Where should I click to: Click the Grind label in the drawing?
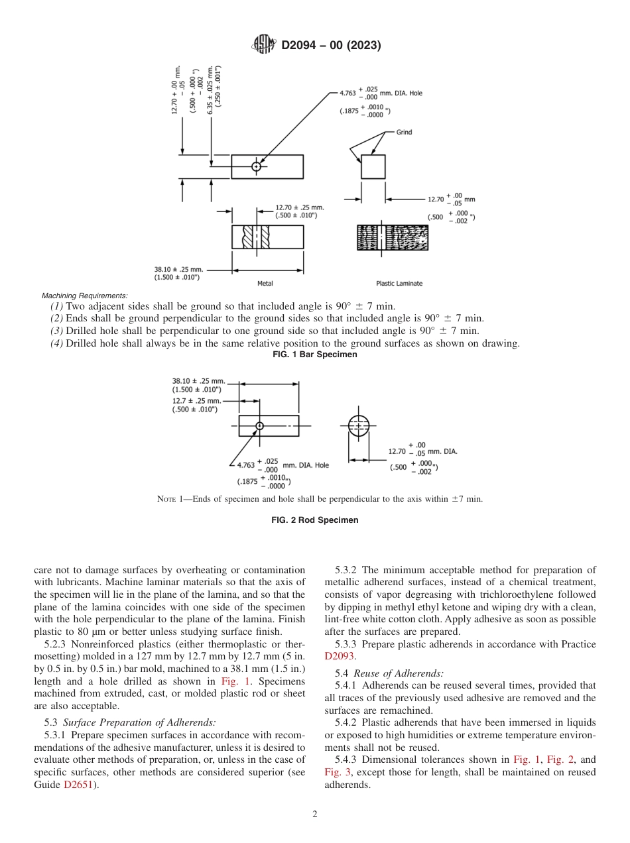click(404, 132)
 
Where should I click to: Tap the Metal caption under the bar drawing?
click(265, 284)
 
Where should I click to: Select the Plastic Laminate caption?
click(399, 284)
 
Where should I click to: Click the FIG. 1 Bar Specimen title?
click(315, 355)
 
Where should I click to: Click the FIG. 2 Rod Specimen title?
click(315, 520)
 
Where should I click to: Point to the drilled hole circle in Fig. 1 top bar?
click(257, 166)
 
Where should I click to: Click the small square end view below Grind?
click(373, 167)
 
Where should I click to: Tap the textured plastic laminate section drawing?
click(393, 237)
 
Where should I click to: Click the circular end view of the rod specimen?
click(358, 425)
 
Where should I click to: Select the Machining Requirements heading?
click(84, 296)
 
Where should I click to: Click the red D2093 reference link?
click(340, 657)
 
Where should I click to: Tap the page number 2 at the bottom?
click(315, 815)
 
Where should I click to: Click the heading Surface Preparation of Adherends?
click(139, 722)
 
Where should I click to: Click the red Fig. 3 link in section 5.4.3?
click(336, 772)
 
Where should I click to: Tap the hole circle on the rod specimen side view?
click(260, 425)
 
